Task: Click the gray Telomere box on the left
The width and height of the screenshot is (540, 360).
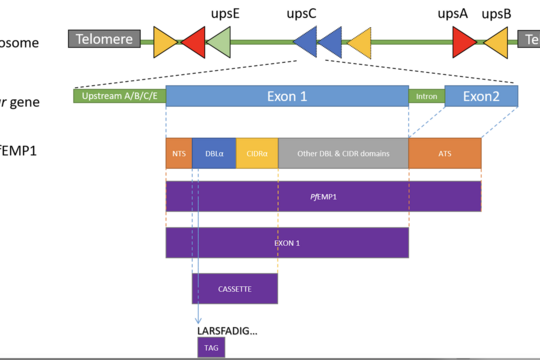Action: pos(104,40)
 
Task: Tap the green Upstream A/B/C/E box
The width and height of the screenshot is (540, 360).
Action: pos(119,96)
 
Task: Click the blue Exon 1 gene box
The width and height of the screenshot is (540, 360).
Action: pos(287,96)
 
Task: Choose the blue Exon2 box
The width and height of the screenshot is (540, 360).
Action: pos(481,96)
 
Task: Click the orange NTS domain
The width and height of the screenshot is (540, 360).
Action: pos(179,153)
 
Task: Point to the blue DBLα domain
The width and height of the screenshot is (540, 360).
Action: pos(214,153)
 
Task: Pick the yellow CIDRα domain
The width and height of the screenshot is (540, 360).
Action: pos(257,153)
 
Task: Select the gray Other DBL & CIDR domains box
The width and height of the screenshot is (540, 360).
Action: pos(343,153)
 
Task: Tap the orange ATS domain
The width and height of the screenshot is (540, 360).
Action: pos(444,153)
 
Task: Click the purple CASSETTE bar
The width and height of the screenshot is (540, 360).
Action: pos(235,288)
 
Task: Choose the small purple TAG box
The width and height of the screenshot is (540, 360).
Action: pos(211,347)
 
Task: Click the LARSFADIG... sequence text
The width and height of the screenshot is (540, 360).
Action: pos(228,329)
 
